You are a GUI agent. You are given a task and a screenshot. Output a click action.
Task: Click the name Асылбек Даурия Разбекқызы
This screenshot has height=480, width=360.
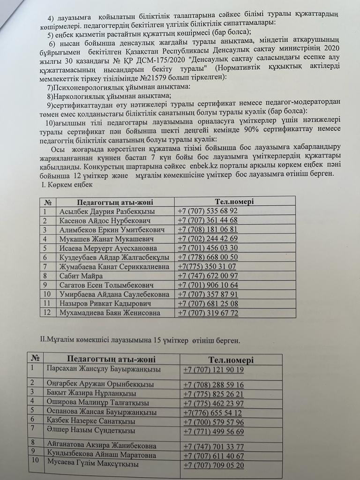point(107,211)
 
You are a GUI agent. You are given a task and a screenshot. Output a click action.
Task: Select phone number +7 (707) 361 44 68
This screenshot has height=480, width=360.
point(208,220)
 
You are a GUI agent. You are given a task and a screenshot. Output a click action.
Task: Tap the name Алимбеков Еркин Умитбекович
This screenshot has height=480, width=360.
point(112,229)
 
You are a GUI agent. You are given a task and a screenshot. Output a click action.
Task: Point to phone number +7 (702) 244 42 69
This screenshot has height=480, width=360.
point(208,239)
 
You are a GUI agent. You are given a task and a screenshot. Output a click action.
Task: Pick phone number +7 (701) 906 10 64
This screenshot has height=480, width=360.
point(208,285)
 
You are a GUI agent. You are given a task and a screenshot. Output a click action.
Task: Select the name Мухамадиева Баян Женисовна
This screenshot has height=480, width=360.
point(110,313)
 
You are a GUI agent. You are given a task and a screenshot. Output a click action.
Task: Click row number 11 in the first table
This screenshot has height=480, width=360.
point(45,303)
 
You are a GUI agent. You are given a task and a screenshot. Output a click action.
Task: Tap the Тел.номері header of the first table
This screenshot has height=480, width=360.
point(234,202)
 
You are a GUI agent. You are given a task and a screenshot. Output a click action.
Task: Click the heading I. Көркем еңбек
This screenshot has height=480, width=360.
point(67,185)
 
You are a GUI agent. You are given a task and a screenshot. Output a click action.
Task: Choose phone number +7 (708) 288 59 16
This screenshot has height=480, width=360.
point(214,384)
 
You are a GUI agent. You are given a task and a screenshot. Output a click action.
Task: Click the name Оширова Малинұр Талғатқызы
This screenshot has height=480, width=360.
point(98,403)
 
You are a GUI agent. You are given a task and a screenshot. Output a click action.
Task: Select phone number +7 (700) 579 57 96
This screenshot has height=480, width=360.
point(214,422)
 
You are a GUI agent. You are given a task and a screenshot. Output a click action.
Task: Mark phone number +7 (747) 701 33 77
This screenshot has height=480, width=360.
point(214,446)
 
